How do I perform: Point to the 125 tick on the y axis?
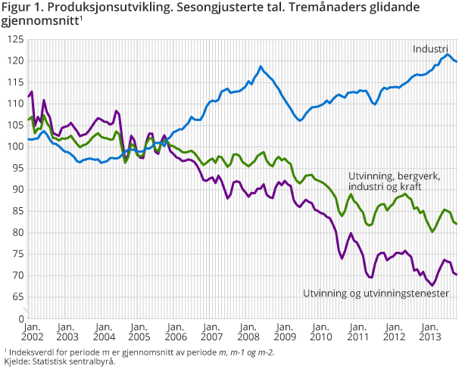[14, 39]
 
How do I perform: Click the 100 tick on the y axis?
[14, 147]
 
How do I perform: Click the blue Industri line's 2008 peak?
[261, 67]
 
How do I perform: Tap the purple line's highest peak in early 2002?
[32, 92]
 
